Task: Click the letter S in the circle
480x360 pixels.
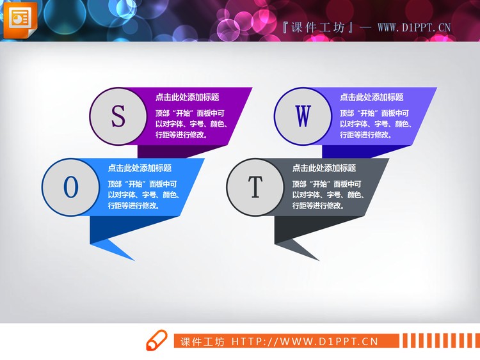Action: [x=118, y=116]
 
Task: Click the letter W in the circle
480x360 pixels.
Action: [x=303, y=116]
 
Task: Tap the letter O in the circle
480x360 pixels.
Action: [x=71, y=187]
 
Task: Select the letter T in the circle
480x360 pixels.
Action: [x=255, y=187]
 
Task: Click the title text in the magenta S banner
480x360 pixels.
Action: [x=187, y=97]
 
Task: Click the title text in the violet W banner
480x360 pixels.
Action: [x=371, y=97]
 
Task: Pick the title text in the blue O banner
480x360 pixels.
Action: [x=140, y=168]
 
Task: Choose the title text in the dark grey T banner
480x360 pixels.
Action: [x=324, y=168]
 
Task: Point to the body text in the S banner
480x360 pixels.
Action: [x=191, y=123]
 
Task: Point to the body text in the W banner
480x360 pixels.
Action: [x=375, y=123]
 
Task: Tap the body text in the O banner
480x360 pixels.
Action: [x=143, y=194]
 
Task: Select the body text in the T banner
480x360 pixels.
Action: [x=328, y=194]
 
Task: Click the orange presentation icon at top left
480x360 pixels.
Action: [x=20, y=19]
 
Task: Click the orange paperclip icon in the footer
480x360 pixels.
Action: [x=157, y=341]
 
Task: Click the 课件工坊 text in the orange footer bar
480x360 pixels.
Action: [x=202, y=341]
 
